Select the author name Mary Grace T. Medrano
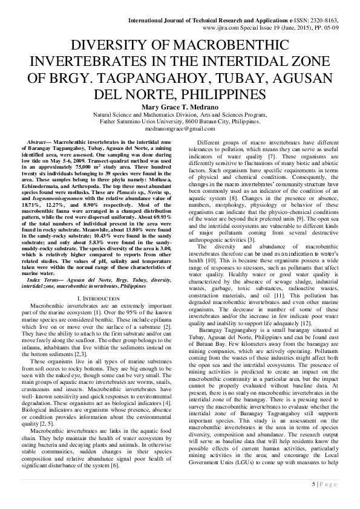coord(180,106)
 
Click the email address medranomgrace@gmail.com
coord(180,129)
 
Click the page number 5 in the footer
coord(313,484)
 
